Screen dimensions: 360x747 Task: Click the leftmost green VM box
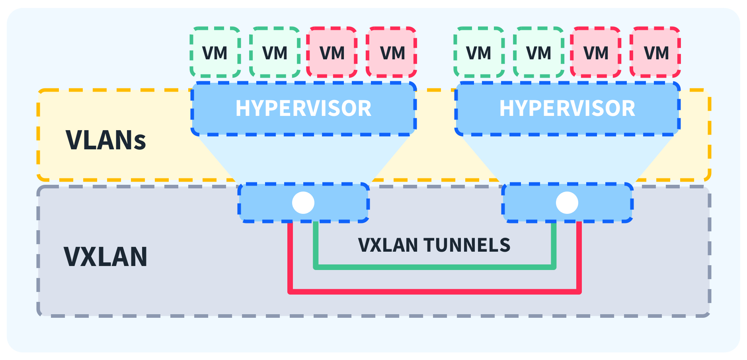click(x=215, y=52)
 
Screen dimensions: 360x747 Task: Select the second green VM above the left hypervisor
click(x=275, y=52)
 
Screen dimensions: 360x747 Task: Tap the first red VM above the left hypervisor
click(x=332, y=52)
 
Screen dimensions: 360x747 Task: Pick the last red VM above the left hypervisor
click(x=392, y=52)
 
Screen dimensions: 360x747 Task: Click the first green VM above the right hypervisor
click(x=479, y=52)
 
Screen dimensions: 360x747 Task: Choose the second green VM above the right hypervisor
click(x=538, y=52)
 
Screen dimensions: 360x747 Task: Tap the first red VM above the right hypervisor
click(x=596, y=52)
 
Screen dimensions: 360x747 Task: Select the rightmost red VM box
click(x=655, y=52)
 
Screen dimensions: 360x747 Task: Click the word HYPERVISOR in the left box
click(x=303, y=108)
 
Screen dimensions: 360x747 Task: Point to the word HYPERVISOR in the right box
click(x=567, y=108)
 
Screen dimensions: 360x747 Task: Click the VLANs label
click(x=106, y=140)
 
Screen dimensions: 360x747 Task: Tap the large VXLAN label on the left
click(x=105, y=256)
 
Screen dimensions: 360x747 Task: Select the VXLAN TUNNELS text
click(x=434, y=245)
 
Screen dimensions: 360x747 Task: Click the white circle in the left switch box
click(x=303, y=203)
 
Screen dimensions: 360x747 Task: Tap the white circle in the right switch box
click(x=567, y=203)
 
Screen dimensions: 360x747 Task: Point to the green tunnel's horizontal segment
click(x=434, y=267)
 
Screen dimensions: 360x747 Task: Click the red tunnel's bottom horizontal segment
click(x=434, y=292)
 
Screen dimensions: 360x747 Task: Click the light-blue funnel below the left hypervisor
click(x=303, y=159)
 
